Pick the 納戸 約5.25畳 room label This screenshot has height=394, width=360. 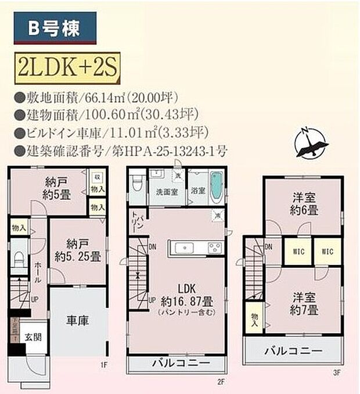tap(77, 250)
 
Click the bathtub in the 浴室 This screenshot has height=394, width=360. tap(217, 185)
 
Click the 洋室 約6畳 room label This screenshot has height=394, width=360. tap(304, 207)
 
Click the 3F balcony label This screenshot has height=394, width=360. tap(293, 351)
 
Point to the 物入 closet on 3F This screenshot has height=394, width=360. tap(254, 318)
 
